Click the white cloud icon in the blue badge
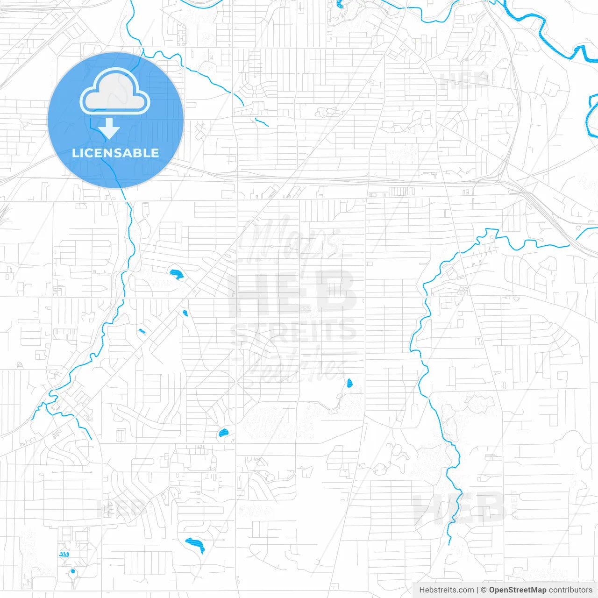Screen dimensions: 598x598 pos(115,92)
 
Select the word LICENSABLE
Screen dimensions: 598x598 pos(115,153)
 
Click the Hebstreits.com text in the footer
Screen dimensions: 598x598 pos(446,590)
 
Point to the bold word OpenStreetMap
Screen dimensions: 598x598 pos(518,590)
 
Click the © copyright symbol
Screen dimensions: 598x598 pos(484,590)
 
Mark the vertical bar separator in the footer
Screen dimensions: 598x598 pos(477,590)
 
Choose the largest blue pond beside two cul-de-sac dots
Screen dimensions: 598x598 pos(195,544)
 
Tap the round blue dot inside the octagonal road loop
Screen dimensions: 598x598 pos(73,571)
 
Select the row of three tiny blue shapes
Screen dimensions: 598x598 pos(64,554)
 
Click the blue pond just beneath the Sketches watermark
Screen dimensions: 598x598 pos(349,384)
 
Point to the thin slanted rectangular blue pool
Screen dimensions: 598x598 pos(142,331)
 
